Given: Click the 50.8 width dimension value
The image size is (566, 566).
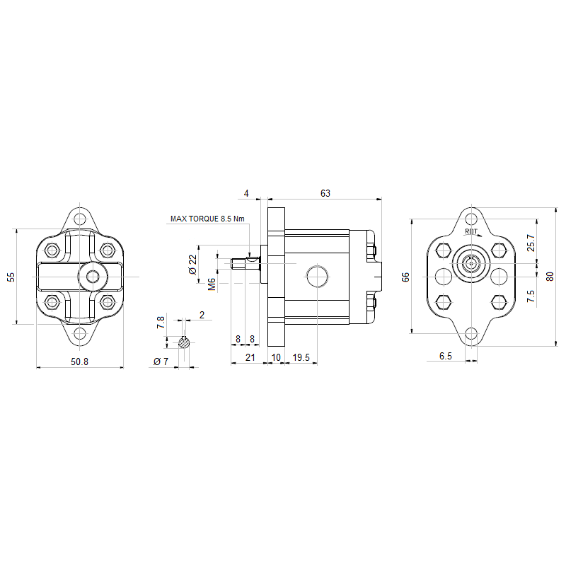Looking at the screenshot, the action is click(x=79, y=362).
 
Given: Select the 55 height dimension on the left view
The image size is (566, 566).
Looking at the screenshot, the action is click(x=11, y=277).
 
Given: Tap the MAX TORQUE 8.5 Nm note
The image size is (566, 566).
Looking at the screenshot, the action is click(x=207, y=219).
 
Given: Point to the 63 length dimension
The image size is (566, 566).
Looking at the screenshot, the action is click(x=325, y=193).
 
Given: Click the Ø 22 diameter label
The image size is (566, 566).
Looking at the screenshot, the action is click(x=193, y=265).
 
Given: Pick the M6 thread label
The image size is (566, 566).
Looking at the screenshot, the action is click(x=212, y=284).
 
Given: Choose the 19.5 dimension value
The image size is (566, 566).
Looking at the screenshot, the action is click(x=301, y=357).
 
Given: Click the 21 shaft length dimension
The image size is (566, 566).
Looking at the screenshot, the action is click(x=250, y=357).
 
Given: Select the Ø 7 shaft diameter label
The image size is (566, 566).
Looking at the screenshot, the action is click(x=161, y=362).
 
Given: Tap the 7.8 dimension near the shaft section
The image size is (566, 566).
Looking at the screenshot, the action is click(x=161, y=322).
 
